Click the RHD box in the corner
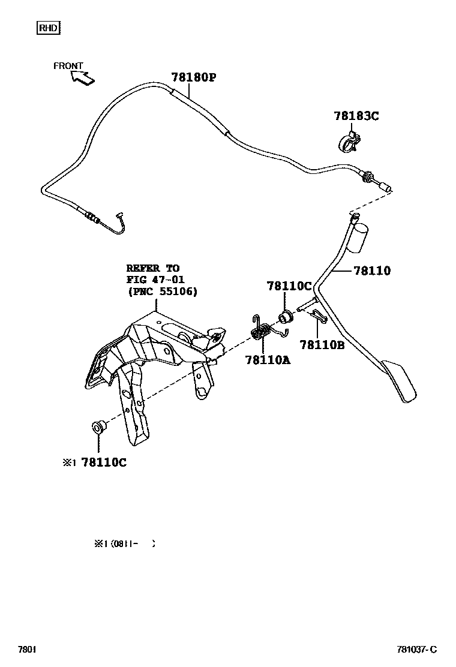point(49,27)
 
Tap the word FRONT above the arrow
point(68,66)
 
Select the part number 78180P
point(193,77)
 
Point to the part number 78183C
point(356,116)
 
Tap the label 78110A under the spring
point(268,360)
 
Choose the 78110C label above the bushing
point(289,287)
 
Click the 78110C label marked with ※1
point(103,462)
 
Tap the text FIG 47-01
point(155,280)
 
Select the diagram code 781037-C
point(416,650)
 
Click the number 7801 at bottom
point(27,650)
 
